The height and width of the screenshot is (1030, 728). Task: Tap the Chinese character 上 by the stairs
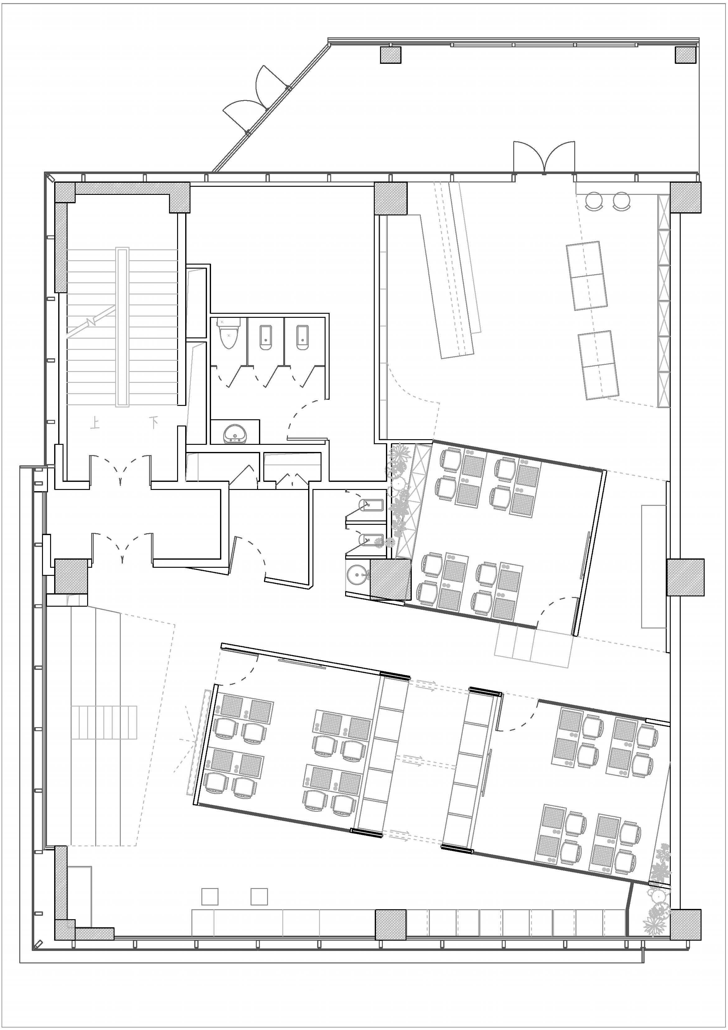tap(95, 423)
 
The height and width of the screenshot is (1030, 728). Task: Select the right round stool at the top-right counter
tap(622, 200)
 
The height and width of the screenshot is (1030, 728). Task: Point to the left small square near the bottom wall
tap(210, 896)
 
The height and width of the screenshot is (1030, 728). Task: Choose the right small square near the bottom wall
tap(259, 896)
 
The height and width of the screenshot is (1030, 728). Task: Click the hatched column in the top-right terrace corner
tap(687, 55)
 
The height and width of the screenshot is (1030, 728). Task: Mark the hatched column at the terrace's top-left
tap(391, 55)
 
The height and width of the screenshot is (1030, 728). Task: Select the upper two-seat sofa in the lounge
tap(587, 275)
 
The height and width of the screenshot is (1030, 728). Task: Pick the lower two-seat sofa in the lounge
tap(599, 365)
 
